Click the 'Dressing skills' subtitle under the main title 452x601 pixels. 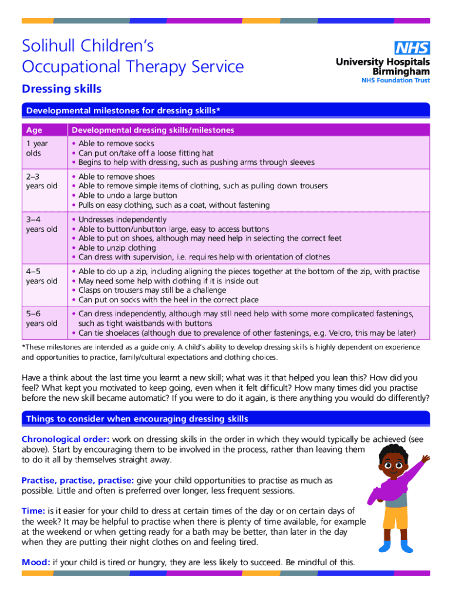[62, 89]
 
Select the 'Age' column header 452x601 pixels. [34, 130]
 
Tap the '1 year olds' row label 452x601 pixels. [37, 148]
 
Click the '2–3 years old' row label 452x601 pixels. [40, 181]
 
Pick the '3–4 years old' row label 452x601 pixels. [40, 224]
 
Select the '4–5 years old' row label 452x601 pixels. [40, 276]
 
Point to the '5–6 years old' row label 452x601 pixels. [40, 319]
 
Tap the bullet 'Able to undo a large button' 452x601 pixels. [127, 195]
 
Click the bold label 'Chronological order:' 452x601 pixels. [65, 440]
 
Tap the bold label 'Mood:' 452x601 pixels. [36, 562]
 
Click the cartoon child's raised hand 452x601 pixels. [426, 457]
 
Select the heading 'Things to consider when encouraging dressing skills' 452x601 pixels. [137, 419]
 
